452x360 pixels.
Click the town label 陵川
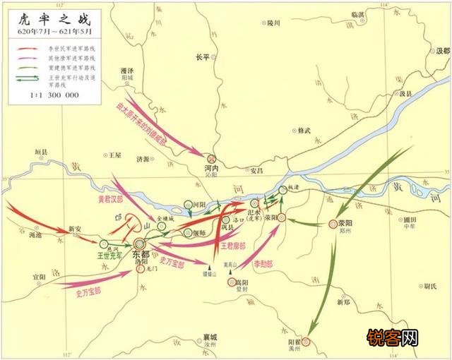(x=273, y=24)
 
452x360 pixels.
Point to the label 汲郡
(x=442, y=52)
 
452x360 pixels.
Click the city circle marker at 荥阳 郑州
(x=333, y=224)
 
